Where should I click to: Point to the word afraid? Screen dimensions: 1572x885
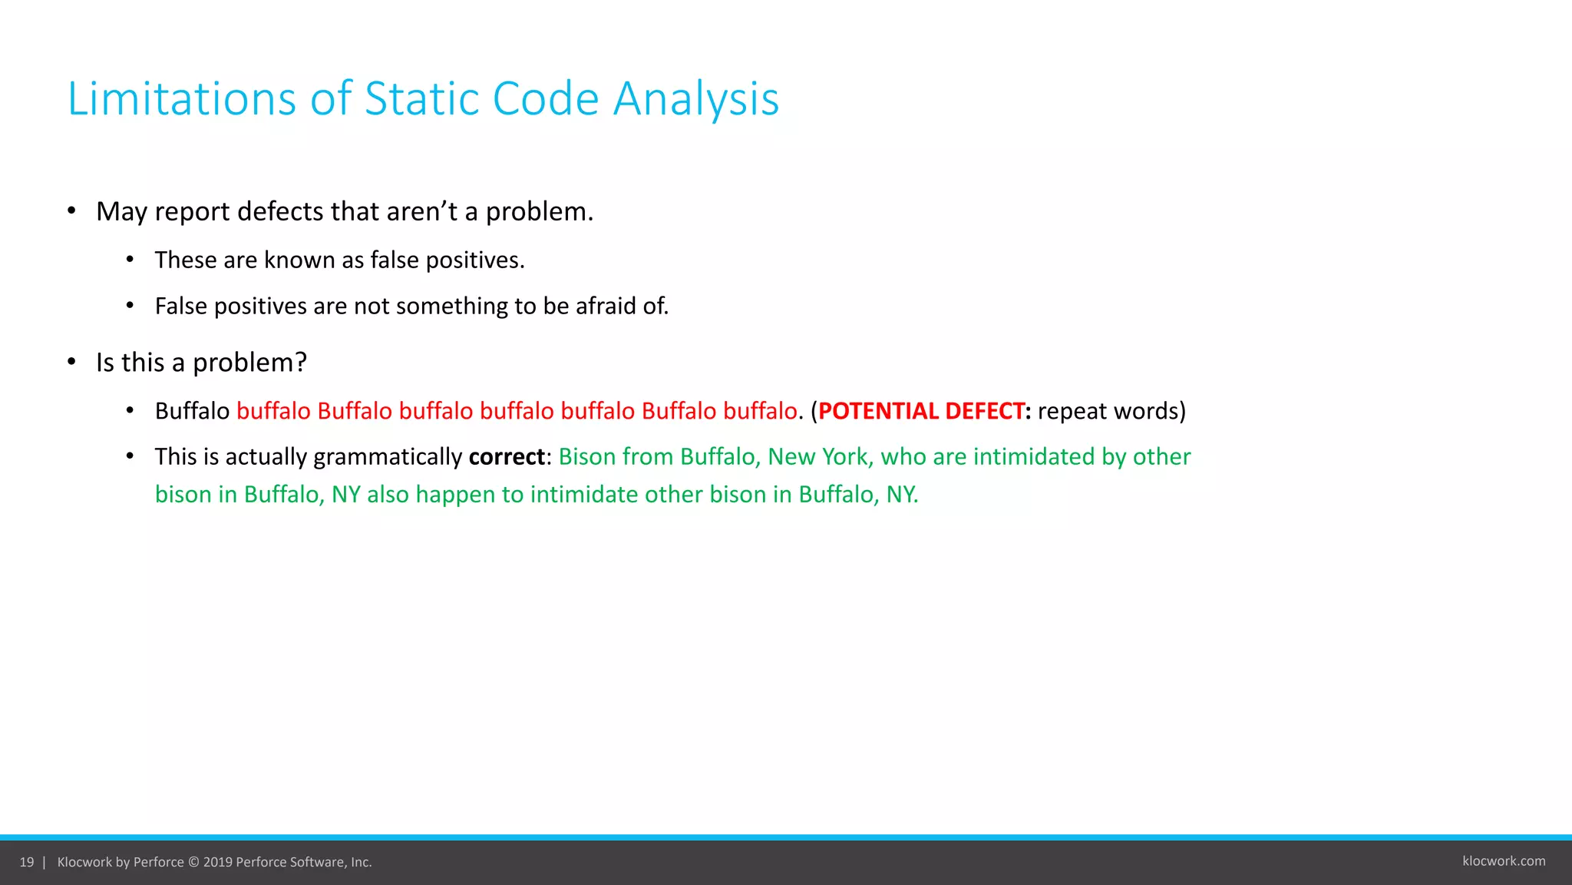606,306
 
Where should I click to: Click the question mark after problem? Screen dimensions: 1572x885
301,363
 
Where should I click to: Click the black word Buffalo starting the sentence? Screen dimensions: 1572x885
192,411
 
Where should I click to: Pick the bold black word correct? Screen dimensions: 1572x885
507,457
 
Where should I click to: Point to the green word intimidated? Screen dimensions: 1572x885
1033,457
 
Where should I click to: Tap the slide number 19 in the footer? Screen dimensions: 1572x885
27,862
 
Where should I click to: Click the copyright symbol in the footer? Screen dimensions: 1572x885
193,862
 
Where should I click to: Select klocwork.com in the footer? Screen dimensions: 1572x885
1503,861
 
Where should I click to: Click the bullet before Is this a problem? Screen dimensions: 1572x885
71,362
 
